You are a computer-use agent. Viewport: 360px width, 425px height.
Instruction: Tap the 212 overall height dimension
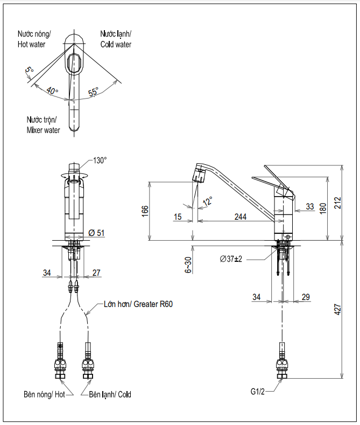(x=338, y=203)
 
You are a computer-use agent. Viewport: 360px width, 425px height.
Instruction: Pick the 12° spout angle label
(x=208, y=201)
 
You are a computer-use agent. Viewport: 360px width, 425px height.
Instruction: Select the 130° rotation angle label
(x=100, y=161)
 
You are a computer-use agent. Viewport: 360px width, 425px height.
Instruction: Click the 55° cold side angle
(x=93, y=93)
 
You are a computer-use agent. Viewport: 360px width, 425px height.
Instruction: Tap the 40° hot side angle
(x=52, y=90)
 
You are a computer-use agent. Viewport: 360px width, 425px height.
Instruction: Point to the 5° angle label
(x=29, y=70)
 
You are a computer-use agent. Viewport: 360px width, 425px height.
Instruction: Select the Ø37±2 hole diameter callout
(x=232, y=259)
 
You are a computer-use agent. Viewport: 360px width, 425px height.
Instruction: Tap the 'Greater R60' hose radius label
(x=138, y=304)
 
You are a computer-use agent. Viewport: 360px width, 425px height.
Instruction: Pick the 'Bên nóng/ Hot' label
(x=44, y=394)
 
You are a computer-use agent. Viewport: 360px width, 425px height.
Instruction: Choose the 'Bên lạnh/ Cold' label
(x=110, y=394)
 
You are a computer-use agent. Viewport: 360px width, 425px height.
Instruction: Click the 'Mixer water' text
(x=44, y=130)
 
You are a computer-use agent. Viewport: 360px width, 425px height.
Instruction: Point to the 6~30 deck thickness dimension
(x=187, y=265)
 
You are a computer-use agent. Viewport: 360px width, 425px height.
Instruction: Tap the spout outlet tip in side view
(x=199, y=177)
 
